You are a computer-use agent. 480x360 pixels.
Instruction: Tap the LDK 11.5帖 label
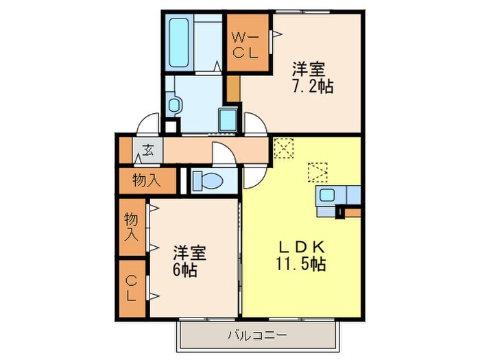301,255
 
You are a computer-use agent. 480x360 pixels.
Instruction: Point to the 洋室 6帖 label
186,261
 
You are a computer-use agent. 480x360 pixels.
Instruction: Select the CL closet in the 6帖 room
131,288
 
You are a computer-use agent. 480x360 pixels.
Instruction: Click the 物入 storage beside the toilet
145,180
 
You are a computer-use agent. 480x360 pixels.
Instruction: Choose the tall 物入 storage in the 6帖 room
131,228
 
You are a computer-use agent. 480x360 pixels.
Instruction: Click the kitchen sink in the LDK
327,195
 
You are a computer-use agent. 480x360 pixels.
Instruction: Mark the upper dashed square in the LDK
282,147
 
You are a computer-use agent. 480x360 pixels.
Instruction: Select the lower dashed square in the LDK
317,170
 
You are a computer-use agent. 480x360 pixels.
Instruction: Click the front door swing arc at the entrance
147,125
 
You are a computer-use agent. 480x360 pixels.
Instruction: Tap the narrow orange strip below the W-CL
234,90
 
